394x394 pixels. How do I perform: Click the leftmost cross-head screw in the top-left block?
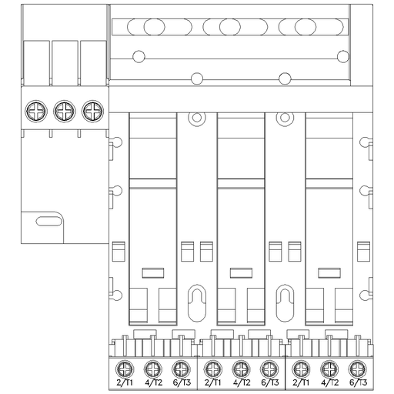tap(36, 112)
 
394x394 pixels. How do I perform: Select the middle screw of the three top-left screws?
tap(64, 112)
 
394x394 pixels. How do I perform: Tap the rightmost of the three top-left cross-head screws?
tap(92, 112)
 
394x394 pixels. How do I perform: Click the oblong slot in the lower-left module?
tap(48, 222)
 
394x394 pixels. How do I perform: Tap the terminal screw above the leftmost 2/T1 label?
tap(123, 367)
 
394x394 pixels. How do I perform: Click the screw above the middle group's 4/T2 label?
tap(241, 367)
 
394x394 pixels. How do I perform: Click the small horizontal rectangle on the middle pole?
tap(242, 271)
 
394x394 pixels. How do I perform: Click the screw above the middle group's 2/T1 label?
tap(212, 367)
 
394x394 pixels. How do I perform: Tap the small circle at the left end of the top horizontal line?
tap(139, 56)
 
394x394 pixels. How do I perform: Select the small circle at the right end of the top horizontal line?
tap(343, 56)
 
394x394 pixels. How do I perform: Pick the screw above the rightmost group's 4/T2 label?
tap(329, 367)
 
